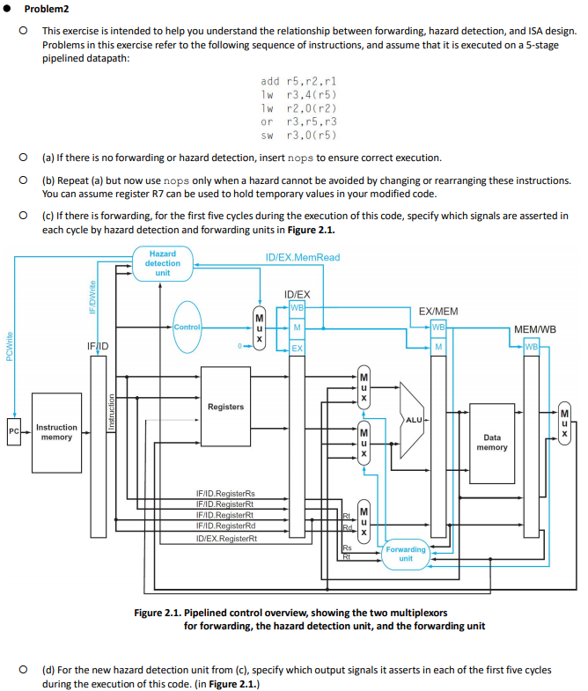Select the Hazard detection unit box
pos(162,262)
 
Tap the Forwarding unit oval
pos(405,554)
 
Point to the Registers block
pos(226,407)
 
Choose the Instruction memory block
pos(56,432)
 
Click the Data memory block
pos(491,442)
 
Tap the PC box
pos(13,432)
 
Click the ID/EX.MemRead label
pos(302,257)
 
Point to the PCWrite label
pos(9,345)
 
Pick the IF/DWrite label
pos(92,297)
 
